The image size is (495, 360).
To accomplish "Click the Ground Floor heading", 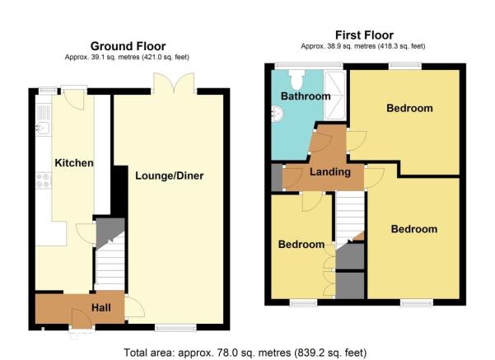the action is (x=128, y=46).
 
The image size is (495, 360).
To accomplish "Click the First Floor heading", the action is (x=364, y=35).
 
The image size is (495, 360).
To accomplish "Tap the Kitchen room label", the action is (x=74, y=163).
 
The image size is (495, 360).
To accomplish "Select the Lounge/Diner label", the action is (x=169, y=175).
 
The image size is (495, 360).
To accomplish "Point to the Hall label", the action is (x=101, y=307).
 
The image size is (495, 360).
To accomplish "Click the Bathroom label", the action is (x=306, y=96).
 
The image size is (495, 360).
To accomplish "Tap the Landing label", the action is (x=330, y=172).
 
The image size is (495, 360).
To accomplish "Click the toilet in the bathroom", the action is (x=297, y=79).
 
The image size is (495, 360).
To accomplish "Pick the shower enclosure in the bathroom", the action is (x=334, y=95).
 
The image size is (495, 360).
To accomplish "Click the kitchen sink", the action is (x=43, y=119).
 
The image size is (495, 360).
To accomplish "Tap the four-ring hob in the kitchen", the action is (x=44, y=180).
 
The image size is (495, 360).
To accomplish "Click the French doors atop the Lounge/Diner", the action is (x=174, y=83).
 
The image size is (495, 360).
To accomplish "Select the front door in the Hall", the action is (x=82, y=319).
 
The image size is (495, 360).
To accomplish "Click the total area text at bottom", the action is (x=245, y=353).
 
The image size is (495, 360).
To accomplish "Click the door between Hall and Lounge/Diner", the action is (x=134, y=306).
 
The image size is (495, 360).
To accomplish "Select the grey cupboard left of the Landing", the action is (x=277, y=177).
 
